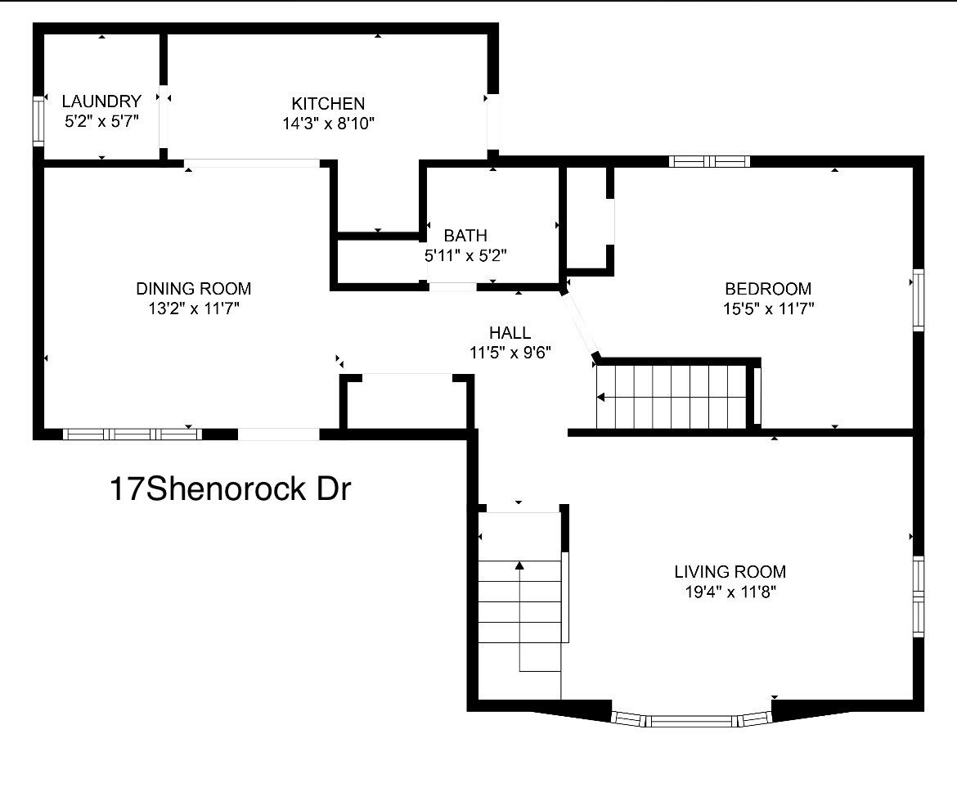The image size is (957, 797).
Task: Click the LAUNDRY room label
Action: tap(101, 101)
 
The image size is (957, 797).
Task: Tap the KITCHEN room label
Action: tap(328, 104)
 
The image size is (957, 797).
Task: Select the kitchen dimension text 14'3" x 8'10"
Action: tap(328, 124)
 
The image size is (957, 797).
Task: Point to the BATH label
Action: tap(465, 236)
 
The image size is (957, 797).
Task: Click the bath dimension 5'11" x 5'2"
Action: tap(465, 255)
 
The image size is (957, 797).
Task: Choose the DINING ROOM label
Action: tap(193, 289)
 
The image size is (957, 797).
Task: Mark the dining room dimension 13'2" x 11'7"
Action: tap(193, 308)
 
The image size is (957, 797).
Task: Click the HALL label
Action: tap(510, 333)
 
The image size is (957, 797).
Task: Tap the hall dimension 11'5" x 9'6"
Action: tap(510, 353)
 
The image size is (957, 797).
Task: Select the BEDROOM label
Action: tap(768, 289)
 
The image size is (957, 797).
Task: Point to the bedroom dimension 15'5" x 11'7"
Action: tap(768, 308)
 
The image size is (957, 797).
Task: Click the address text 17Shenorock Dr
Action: tap(230, 489)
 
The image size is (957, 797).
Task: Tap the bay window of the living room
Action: tap(692, 721)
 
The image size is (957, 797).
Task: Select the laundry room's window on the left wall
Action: tap(38, 121)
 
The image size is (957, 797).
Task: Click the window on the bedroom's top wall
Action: tap(709, 161)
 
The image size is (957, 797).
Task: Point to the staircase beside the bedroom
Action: tap(672, 397)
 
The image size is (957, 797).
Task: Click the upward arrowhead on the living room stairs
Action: tap(519, 565)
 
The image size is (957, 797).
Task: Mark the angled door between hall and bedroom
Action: tap(581, 324)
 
